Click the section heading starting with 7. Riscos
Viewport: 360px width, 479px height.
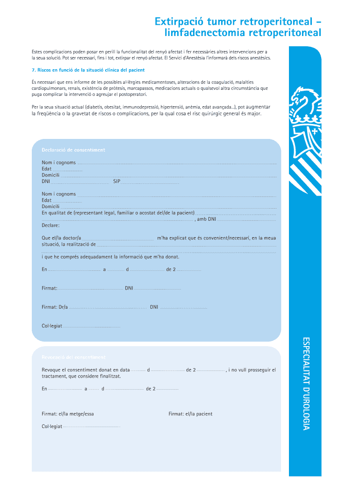pos(88,70)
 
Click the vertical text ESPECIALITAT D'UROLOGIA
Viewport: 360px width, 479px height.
pos(306,383)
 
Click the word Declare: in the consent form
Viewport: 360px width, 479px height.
pos(50,225)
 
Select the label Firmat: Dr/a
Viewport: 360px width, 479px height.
pos(55,307)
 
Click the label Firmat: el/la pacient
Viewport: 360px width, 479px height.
pos(190,414)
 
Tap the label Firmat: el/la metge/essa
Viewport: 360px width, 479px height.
pos(68,414)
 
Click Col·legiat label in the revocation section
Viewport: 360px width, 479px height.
pos(52,427)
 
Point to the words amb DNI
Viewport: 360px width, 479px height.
pos(206,219)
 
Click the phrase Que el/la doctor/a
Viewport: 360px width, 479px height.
pos(61,238)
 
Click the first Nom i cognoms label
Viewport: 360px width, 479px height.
pos(58,162)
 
